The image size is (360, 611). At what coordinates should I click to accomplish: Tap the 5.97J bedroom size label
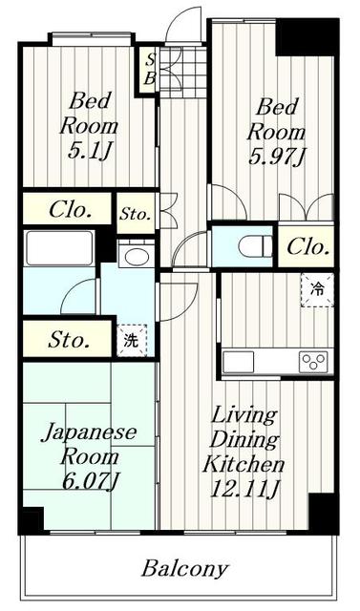[279, 155]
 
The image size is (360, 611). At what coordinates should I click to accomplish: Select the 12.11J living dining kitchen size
[243, 491]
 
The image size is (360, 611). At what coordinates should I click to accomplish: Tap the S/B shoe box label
[149, 72]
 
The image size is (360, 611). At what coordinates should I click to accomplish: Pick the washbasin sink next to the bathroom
[136, 256]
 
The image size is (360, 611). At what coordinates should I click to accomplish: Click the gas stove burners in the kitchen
[312, 362]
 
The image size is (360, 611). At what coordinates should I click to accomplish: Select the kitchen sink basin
[240, 362]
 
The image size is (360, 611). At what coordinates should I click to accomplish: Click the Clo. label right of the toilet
[307, 247]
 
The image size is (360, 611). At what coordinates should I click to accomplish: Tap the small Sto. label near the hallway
[135, 214]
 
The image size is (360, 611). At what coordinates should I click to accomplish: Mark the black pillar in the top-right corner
[307, 36]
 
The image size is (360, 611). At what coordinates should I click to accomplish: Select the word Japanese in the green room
[89, 432]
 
